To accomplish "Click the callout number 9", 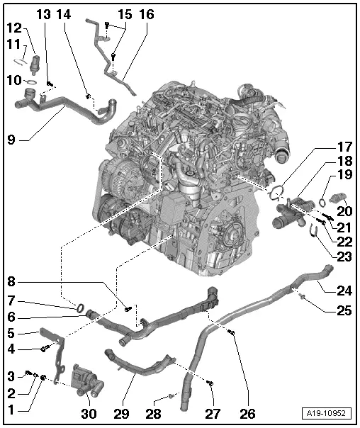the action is coord(11,140).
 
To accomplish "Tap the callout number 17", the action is coord(345,147).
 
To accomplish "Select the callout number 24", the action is coord(344,291).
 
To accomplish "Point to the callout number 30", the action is coord(89,414).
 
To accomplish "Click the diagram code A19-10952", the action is coord(326,413).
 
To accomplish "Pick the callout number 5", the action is coord(11,333).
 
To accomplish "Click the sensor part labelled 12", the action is coord(35,63).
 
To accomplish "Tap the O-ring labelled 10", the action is coord(31,81).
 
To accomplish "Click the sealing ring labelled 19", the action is coord(322,202).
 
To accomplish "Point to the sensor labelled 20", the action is coord(337,198).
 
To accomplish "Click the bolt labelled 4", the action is coord(45,349).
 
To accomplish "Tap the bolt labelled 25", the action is coord(301,296).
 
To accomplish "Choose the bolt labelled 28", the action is coord(171,395).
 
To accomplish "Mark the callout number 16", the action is coord(147,14).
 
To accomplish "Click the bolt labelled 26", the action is coord(231,332).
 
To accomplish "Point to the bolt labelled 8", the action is coord(128,309).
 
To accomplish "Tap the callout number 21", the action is coord(344,227).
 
